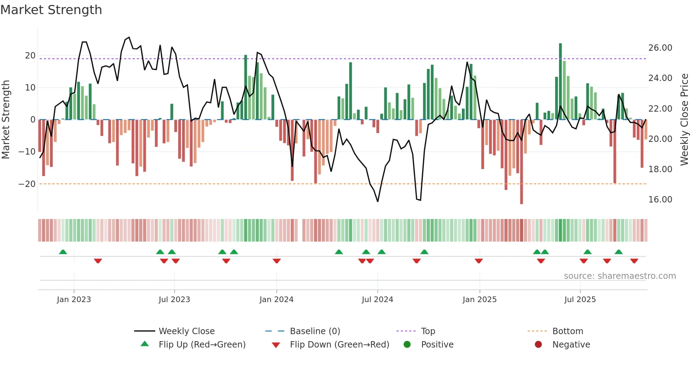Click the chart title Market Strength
pos(51,10)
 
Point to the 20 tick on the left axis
pos(30,56)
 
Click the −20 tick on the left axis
pos(27,184)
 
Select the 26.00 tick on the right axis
pos(660,48)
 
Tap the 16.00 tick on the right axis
pos(660,200)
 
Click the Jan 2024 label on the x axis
pos(276,300)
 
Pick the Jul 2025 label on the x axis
pos(580,300)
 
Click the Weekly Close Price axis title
pos(684,120)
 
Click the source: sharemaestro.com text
pos(620,276)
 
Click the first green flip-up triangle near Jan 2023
pos(63,252)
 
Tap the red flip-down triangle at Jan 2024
pos(277,261)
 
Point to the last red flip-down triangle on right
pos(634,261)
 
